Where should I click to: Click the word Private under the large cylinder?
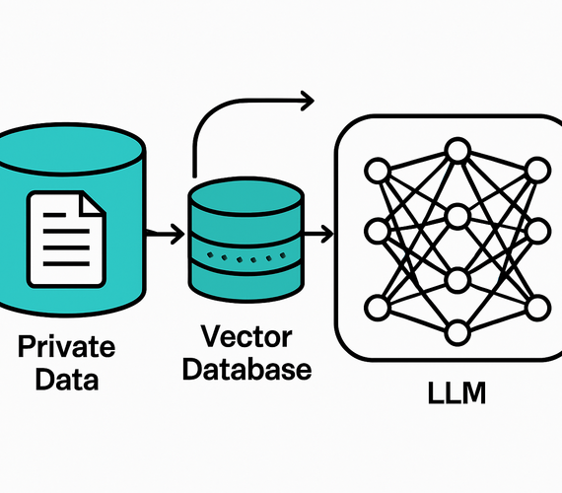pyautogui.click(x=66, y=347)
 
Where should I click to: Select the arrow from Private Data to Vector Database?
pyautogui.click(x=164, y=235)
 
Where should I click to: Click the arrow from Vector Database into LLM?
pyautogui.click(x=317, y=235)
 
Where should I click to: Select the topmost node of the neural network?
pyautogui.click(x=456, y=149)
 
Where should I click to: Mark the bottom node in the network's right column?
pyautogui.click(x=536, y=307)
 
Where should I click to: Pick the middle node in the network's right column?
pyautogui.click(x=536, y=234)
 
